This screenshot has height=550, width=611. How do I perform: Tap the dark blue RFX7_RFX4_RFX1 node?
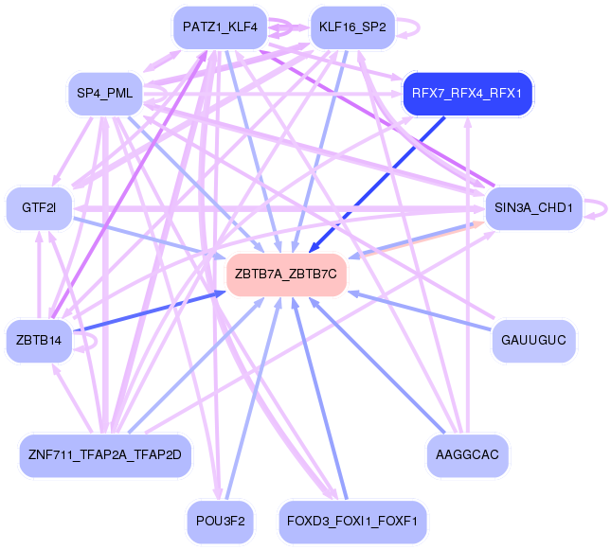click(x=468, y=93)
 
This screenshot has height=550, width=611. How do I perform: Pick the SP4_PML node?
click(x=104, y=93)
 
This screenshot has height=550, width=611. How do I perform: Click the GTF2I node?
click(x=39, y=208)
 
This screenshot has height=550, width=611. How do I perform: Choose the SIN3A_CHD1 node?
click(x=531, y=208)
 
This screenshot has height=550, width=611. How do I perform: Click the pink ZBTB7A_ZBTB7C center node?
click(x=286, y=274)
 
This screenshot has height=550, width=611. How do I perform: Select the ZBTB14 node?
click(x=39, y=340)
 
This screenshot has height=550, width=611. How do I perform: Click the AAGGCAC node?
click(x=468, y=455)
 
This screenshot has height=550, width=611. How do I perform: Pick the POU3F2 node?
click(x=220, y=522)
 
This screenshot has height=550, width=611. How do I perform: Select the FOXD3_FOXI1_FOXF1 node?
click(x=352, y=522)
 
